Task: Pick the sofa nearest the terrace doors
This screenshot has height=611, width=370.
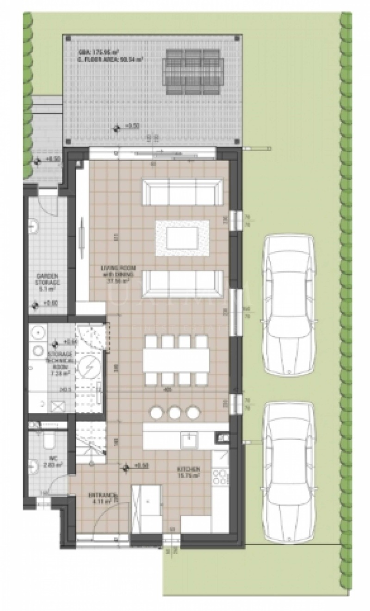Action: pos(181,193)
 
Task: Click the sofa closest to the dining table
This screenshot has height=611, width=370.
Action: pos(181,283)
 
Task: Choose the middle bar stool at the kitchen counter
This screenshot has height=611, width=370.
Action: pos(175,411)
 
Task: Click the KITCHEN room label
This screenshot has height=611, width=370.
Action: pos(189,472)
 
